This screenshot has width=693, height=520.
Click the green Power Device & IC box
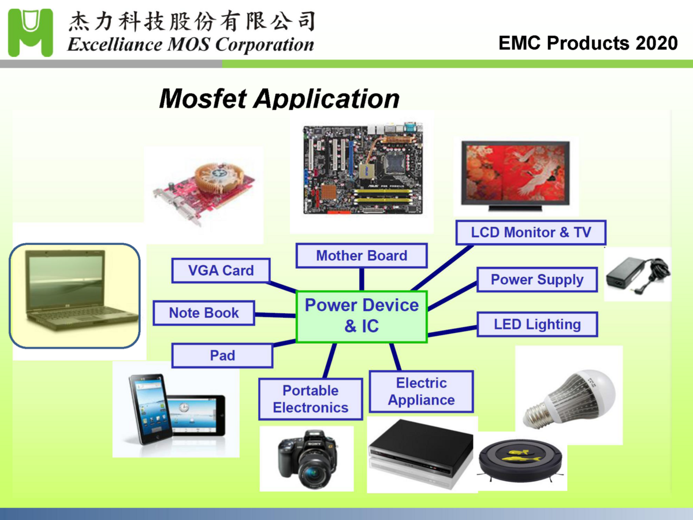tap(362, 316)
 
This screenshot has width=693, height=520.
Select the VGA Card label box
tap(221, 270)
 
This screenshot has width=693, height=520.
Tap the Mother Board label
tap(362, 255)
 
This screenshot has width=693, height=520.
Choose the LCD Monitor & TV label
tap(531, 232)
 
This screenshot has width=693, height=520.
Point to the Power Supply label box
tap(537, 280)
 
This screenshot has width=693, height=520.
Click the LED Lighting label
tap(537, 324)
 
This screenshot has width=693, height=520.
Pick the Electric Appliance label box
tap(421, 391)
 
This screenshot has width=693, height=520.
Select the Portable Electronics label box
tap(311, 399)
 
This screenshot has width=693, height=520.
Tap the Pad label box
tap(222, 355)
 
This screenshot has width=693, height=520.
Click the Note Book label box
tap(204, 313)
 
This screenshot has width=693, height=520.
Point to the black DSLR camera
tap(307, 460)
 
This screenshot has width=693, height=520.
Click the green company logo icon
tap(30, 33)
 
